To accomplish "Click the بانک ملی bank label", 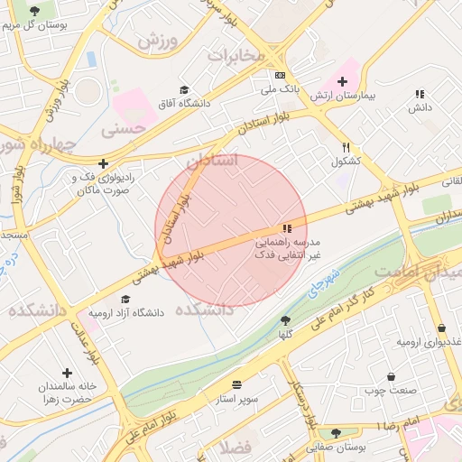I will click(280, 90).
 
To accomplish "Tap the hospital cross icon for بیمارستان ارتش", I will click(342, 80).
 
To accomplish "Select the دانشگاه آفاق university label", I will click(184, 104).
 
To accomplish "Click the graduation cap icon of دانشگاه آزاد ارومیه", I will click(125, 300).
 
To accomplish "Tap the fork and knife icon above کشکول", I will click(346, 147).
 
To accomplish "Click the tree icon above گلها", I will click(285, 320).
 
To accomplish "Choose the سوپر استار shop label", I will click(236, 397).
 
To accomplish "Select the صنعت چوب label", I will click(391, 391).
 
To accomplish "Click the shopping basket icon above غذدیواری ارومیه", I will click(441, 328).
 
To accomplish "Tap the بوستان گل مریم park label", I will click(34, 25).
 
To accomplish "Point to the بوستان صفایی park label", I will click(336, 447).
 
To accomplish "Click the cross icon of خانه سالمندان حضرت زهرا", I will click(67, 372).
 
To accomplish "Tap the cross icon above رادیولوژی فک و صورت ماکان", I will click(105, 163).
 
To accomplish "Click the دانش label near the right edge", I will click(420, 107).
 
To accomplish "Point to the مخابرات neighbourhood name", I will click(236, 56).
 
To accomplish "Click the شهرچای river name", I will click(322, 283).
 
